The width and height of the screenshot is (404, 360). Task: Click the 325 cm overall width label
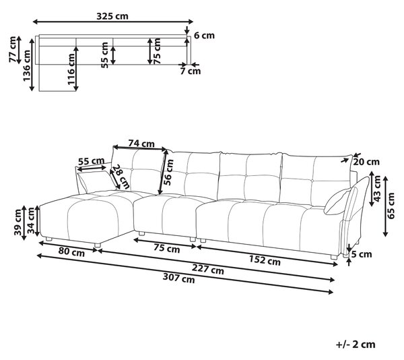pos(112,16)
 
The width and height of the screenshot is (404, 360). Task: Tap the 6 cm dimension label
pos(204,35)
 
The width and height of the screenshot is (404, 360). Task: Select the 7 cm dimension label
pos(190,71)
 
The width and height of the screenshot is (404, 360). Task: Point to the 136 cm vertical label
pos(26,65)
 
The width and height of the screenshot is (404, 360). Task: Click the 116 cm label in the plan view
pos(71,69)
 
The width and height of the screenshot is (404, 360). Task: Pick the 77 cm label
pos(13,49)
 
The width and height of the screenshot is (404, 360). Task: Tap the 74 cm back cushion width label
pos(141,143)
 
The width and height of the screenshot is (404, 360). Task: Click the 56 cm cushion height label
pos(169,173)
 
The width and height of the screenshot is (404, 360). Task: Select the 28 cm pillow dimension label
pos(121,177)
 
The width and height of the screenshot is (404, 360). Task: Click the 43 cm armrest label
pos(377,188)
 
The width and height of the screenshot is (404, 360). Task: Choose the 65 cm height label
pos(391,206)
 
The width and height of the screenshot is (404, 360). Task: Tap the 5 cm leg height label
pos(362,254)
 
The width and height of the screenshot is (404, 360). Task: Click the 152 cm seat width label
pos(265,260)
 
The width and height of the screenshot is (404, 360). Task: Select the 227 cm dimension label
pos(207,269)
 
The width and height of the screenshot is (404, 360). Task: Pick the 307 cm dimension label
pos(178,278)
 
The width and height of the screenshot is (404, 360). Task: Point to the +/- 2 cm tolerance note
pos(356,344)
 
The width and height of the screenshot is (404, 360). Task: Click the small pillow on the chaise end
pos(97,181)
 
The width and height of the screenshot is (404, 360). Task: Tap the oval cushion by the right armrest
pos(337,201)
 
